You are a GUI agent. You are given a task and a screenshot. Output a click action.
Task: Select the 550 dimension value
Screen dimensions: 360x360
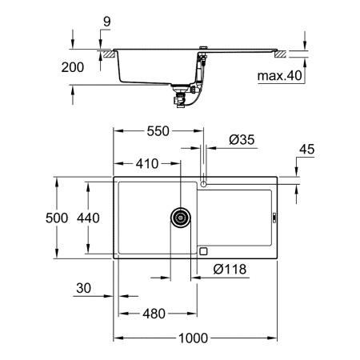(x=156, y=132)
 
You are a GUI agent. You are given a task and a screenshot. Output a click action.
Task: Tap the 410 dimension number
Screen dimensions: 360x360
(x=146, y=164)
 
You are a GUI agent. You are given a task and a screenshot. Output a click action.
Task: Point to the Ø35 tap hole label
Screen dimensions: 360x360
(x=242, y=141)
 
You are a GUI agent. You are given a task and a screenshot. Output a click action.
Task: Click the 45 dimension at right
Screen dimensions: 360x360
(x=306, y=149)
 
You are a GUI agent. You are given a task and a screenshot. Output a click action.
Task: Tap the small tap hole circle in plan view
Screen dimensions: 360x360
(x=204, y=185)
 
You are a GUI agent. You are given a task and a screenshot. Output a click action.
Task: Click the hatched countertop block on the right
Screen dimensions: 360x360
(x=280, y=54)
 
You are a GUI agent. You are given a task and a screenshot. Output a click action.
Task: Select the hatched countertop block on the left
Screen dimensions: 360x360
(x=105, y=54)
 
